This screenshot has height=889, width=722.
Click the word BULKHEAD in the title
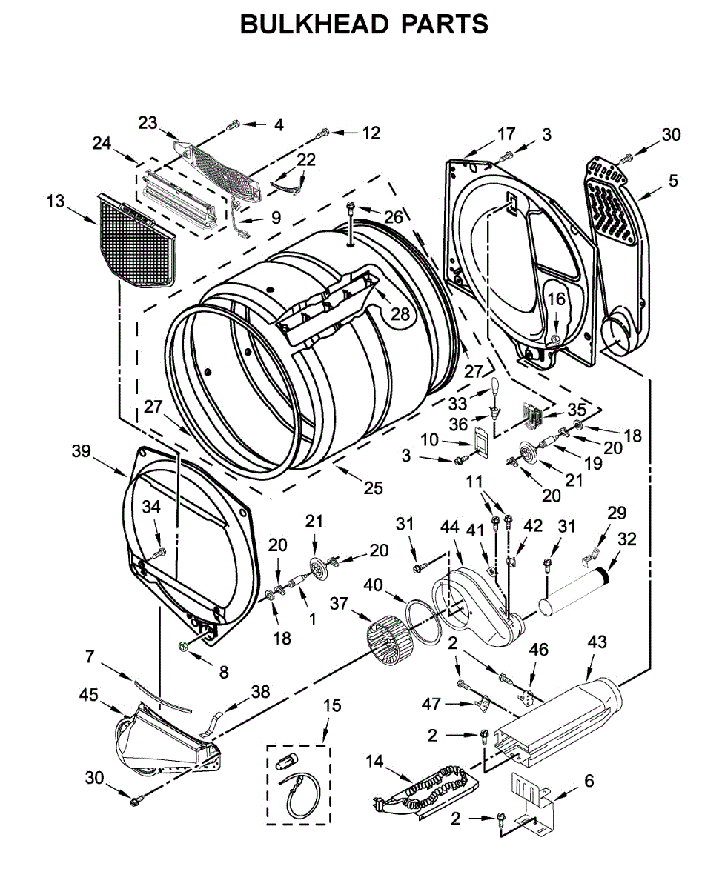[314, 24]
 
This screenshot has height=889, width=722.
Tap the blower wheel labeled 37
[390, 640]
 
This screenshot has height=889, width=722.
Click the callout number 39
[81, 450]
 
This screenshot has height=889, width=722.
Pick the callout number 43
[597, 642]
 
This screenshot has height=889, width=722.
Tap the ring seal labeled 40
[425, 622]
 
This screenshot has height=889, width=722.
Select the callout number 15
[332, 705]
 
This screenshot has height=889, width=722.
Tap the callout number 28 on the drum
[400, 314]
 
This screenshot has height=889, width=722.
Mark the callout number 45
[88, 694]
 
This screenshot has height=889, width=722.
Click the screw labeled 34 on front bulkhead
[159, 553]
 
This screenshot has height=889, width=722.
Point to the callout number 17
[506, 134]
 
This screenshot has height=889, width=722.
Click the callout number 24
[102, 143]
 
